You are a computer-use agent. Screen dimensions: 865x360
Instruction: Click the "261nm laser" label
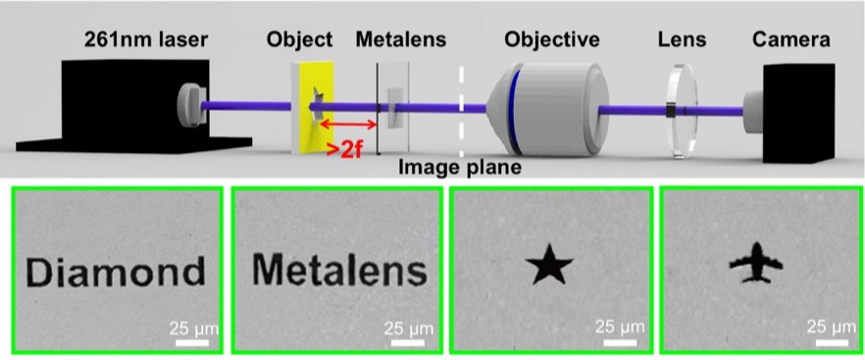coord(145,40)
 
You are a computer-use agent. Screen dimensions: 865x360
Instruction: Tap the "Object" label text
coord(299,40)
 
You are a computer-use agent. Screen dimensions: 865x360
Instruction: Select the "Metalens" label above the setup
coord(400,40)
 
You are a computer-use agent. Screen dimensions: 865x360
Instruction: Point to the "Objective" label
coord(551,40)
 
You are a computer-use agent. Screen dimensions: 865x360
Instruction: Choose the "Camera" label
coord(791,40)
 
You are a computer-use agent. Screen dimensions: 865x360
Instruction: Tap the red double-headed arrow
coord(348,124)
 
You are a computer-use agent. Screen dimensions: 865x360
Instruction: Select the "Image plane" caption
coord(460,168)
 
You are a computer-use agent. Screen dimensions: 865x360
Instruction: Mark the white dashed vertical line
coord(462,109)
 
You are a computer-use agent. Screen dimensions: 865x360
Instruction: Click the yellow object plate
coord(312,107)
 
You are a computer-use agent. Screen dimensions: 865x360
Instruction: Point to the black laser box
coord(134,105)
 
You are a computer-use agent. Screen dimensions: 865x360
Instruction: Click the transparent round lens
coord(682,111)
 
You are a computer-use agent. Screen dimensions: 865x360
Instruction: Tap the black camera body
coord(797,113)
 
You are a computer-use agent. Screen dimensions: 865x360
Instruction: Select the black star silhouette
coord(549,265)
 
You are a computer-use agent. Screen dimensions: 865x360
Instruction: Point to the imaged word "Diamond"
coord(116,273)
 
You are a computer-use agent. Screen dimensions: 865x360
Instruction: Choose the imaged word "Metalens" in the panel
coord(339,270)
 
